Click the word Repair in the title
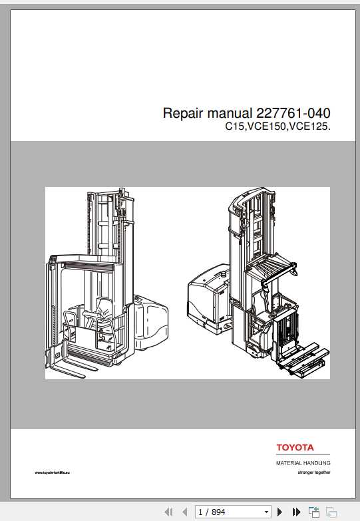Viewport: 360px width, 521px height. [182, 113]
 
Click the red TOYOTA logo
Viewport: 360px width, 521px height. [295, 448]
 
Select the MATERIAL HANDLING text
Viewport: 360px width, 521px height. [303, 462]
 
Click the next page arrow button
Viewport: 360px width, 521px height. [280, 512]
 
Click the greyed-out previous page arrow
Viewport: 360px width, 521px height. [184, 512]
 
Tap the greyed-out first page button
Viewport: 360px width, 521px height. [168, 512]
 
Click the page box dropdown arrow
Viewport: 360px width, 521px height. [267, 512]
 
